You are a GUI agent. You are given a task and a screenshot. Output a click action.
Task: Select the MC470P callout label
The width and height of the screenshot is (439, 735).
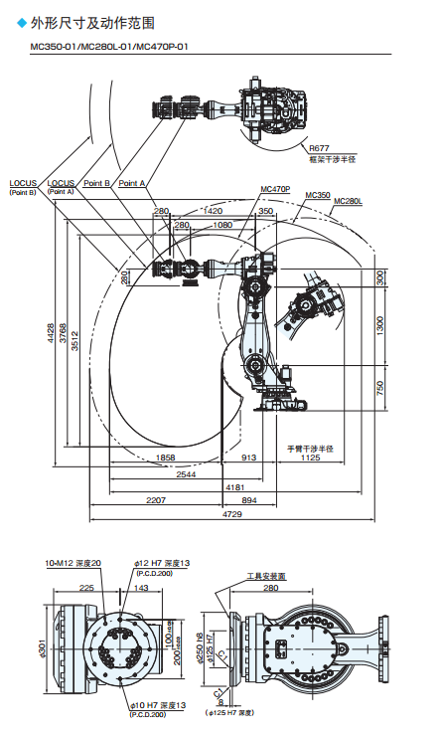coord(275,188)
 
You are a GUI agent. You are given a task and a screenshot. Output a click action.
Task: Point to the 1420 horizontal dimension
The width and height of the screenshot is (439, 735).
coord(212,211)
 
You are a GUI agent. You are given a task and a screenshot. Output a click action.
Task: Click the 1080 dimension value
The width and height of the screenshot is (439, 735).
coord(222,226)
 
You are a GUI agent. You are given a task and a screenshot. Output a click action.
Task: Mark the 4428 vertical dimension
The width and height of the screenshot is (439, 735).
coord(50,335)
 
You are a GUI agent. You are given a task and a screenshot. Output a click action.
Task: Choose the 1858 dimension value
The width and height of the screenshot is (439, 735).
coord(168,458)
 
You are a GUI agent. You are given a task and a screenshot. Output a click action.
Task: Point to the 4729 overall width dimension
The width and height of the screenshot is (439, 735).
coord(230,515)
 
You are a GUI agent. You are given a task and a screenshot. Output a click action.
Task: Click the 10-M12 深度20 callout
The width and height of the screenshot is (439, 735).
coord(73,563)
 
